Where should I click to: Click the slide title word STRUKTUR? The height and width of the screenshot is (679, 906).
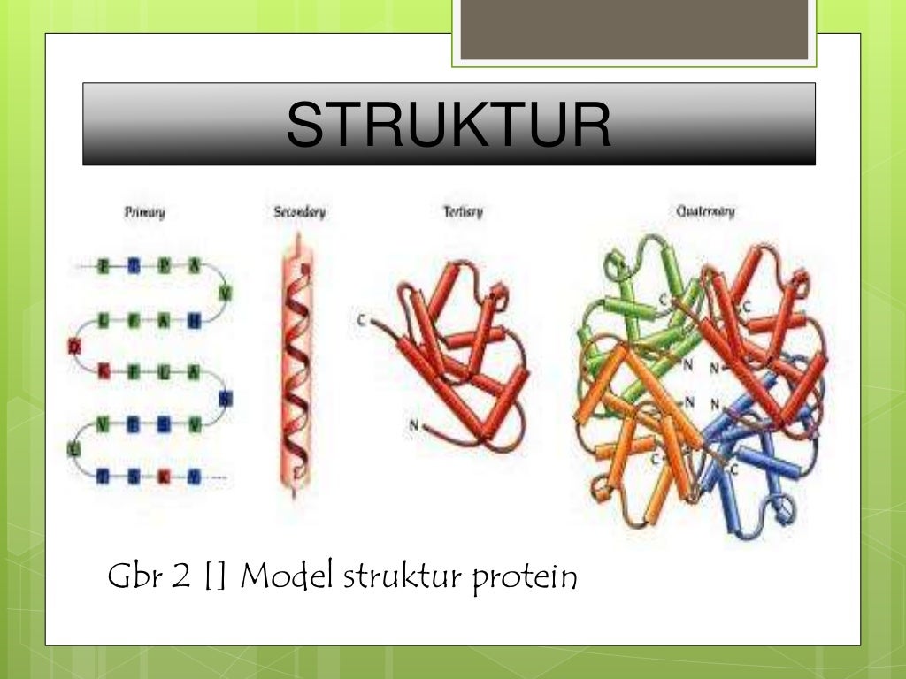[449, 125]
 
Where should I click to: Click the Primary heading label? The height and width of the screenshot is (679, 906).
[144, 212]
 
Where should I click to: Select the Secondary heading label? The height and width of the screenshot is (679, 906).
[300, 212]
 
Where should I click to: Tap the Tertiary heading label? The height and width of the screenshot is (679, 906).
[463, 212]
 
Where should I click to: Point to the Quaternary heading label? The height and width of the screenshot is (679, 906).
[705, 212]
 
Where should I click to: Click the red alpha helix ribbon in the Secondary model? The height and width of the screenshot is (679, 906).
[295, 362]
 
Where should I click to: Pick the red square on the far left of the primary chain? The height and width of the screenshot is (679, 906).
[75, 347]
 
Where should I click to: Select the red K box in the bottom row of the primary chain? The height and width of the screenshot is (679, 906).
[163, 477]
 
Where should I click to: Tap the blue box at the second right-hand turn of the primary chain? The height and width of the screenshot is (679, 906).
[225, 399]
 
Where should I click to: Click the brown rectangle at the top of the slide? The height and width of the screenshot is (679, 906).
[634, 30]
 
